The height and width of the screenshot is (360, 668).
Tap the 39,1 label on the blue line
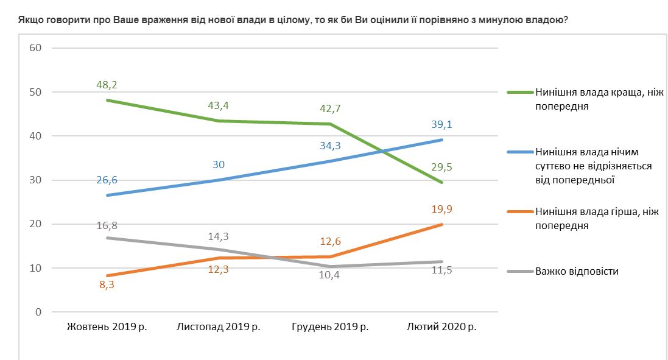(x=441, y=125)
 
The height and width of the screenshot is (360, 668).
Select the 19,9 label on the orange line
(x=441, y=210)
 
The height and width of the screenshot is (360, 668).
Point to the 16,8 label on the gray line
(x=107, y=225)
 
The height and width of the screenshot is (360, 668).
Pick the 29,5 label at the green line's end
(x=441, y=167)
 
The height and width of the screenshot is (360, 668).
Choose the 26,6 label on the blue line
(x=107, y=180)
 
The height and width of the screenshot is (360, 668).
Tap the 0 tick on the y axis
(x=37, y=312)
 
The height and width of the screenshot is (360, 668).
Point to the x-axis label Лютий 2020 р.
(x=441, y=327)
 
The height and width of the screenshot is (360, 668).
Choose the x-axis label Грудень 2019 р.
(x=330, y=327)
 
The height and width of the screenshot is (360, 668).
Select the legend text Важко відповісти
(x=577, y=271)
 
